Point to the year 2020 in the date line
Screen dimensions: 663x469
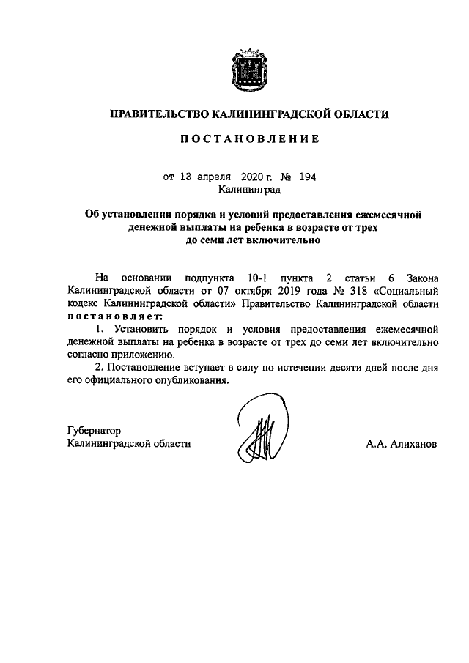pyautogui.click(x=250, y=177)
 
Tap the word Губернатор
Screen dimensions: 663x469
pyautogui.click(x=93, y=431)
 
